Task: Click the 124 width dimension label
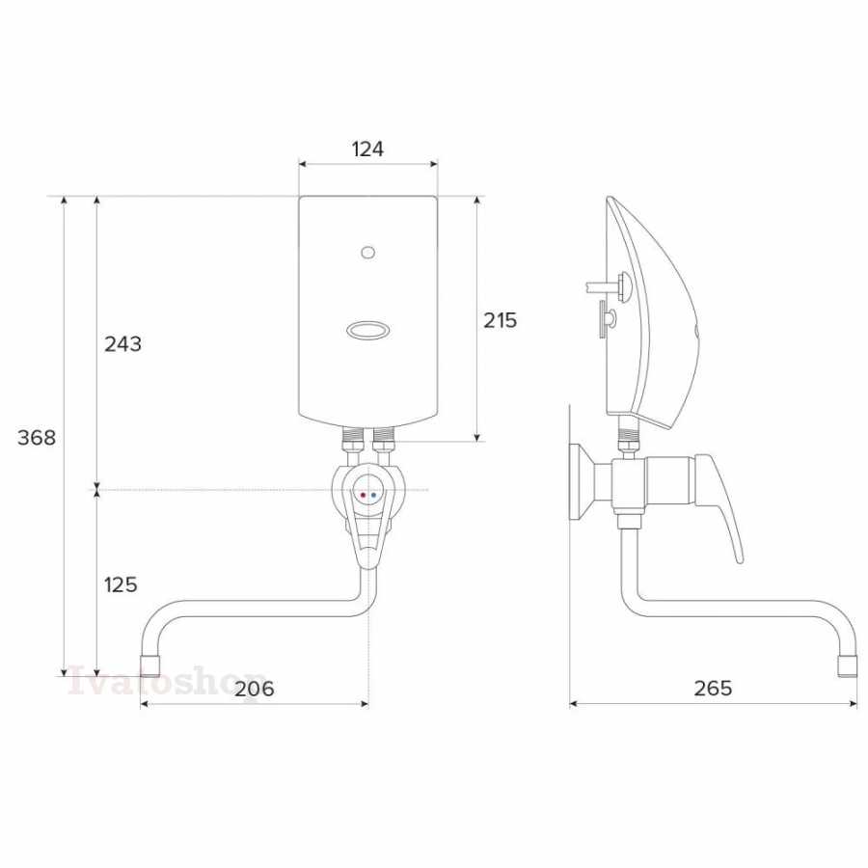(x=367, y=149)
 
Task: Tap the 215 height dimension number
(x=500, y=320)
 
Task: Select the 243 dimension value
(x=122, y=343)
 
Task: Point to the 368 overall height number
(x=37, y=437)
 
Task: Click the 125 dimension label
(x=121, y=584)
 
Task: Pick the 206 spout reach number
(x=255, y=689)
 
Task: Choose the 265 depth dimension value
(x=713, y=688)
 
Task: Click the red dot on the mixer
(x=363, y=496)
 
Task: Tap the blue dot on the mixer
(x=373, y=496)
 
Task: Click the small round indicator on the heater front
(x=367, y=253)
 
